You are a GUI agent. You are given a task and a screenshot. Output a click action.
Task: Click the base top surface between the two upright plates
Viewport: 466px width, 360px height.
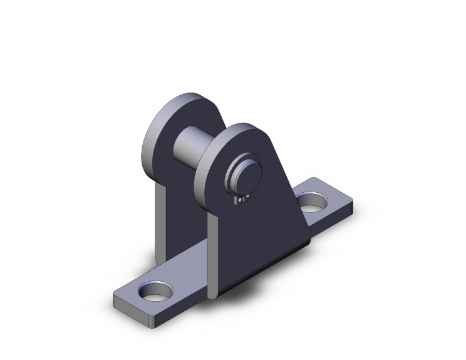click(x=188, y=263)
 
